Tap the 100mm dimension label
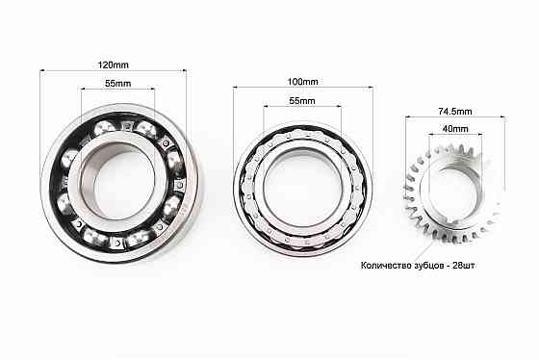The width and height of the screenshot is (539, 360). [x=301, y=82]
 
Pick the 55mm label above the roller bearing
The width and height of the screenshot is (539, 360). [x=301, y=101]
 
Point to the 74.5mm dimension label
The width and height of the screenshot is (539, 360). [x=454, y=111]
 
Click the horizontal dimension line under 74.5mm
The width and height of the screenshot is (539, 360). [x=454, y=118]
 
